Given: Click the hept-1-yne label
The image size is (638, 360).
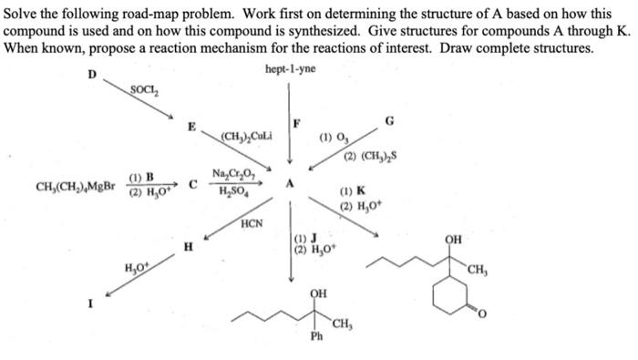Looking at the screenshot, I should click(x=289, y=70).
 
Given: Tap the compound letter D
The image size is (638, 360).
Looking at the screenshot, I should click(x=90, y=74).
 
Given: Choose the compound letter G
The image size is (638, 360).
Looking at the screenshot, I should click(x=390, y=121).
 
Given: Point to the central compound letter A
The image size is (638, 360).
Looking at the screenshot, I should click(x=291, y=182).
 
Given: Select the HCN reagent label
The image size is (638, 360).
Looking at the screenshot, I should click(x=252, y=222).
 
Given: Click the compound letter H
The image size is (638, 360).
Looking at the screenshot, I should click(x=188, y=246).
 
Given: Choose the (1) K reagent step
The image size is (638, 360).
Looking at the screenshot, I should click(x=352, y=192).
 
